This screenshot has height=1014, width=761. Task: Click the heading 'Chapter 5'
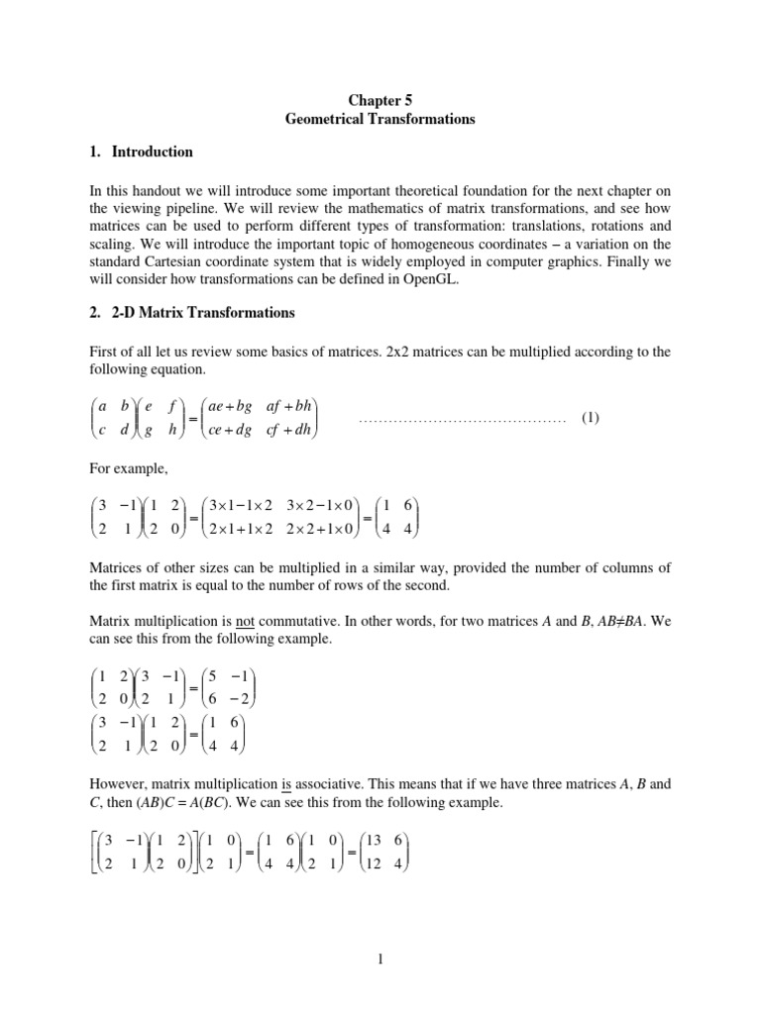[380, 99]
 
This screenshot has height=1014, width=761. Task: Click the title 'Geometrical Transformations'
[380, 119]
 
